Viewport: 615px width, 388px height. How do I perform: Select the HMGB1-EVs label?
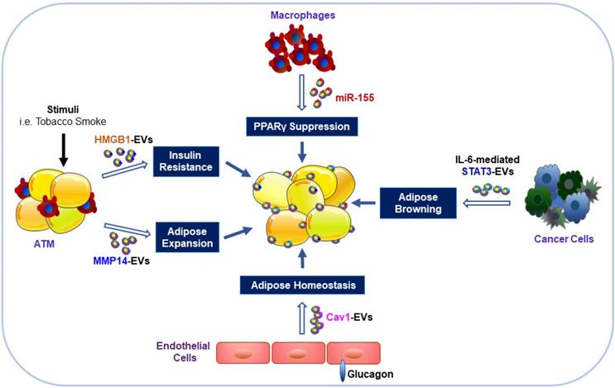pos(119,138)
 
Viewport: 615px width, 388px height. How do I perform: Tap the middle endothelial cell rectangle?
pos(300,352)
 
